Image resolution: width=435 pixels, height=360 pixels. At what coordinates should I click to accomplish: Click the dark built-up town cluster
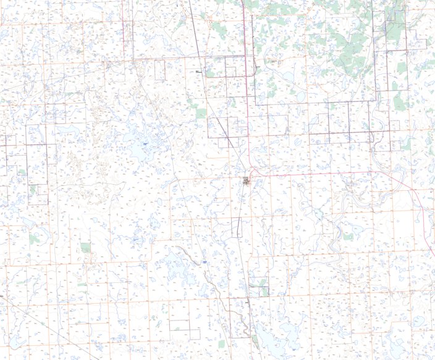click(247, 180)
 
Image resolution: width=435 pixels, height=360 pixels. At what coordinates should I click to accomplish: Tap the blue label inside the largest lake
click(145, 143)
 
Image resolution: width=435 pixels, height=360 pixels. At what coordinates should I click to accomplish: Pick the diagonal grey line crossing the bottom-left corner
click(49, 327)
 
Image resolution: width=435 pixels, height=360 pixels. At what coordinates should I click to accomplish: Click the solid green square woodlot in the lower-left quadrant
click(85, 248)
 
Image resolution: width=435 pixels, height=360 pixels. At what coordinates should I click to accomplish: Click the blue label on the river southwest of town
click(203, 263)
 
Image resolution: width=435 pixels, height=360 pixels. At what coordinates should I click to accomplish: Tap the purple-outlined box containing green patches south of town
click(258, 286)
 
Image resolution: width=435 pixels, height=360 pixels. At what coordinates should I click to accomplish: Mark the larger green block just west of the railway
click(201, 114)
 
